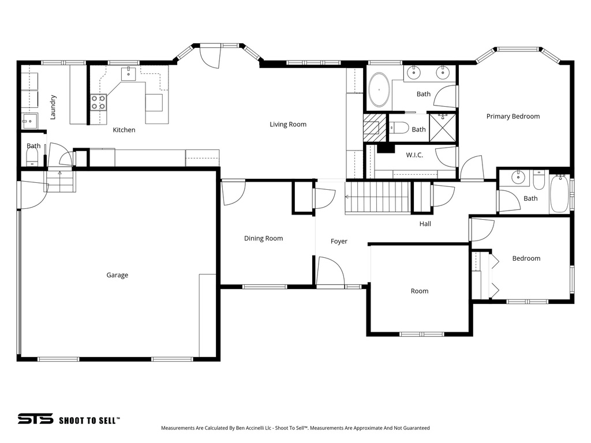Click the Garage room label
[117, 275]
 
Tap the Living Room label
[288, 124]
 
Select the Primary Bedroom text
[513, 116]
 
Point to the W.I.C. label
[414, 155]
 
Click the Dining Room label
[263, 238]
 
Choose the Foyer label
[339, 241]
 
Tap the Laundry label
[53, 107]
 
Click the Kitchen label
[124, 130]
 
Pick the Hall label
[425, 224]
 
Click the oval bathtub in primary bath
[379, 89]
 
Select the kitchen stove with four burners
[98, 102]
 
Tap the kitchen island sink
[128, 74]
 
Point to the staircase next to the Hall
[377, 197]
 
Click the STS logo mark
[35, 419]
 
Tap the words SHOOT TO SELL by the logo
[89, 420]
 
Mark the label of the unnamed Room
[419, 291]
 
